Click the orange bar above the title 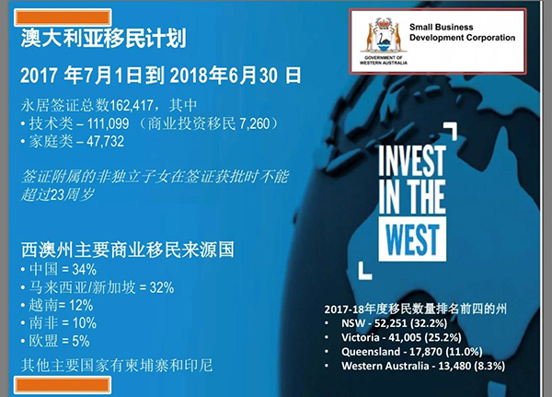point(63,18)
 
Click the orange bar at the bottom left point(63,385)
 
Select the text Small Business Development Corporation point(462,32)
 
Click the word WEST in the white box point(412,239)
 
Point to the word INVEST point(412,160)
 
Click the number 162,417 point(132,105)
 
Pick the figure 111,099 point(108,123)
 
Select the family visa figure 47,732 point(105,141)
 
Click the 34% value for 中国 point(84,270)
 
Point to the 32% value point(162,287)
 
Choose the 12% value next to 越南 point(81,305)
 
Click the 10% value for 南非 point(85,323)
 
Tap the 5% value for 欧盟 point(81,342)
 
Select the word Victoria point(360,337)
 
